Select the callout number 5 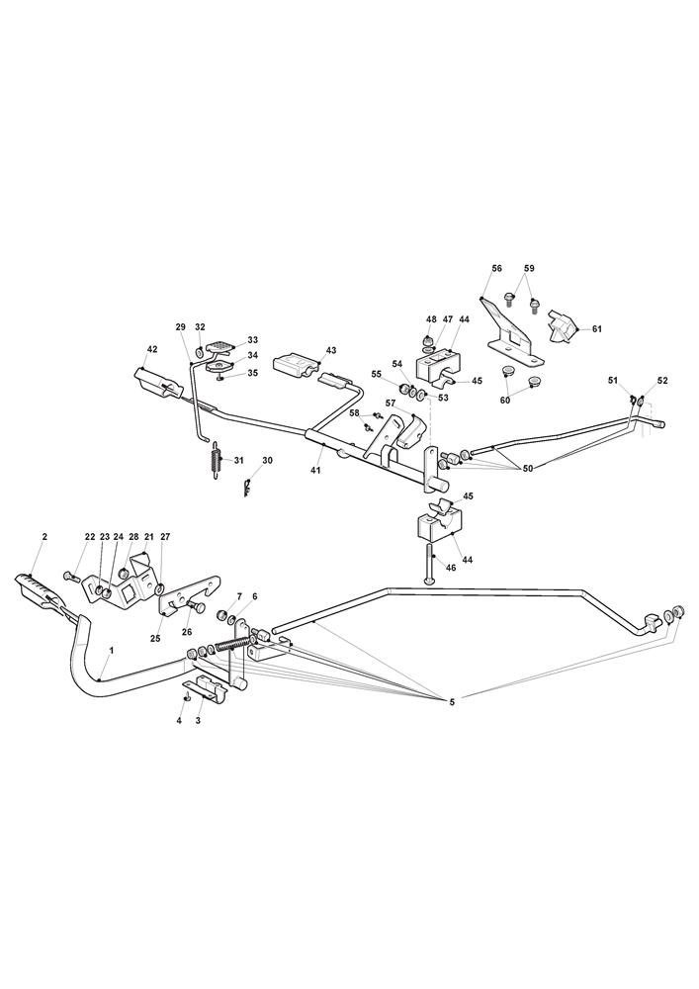(452, 702)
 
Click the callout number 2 (44, 536)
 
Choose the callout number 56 (496, 268)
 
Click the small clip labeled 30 (247, 487)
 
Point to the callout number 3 (199, 722)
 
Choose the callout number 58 (354, 412)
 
